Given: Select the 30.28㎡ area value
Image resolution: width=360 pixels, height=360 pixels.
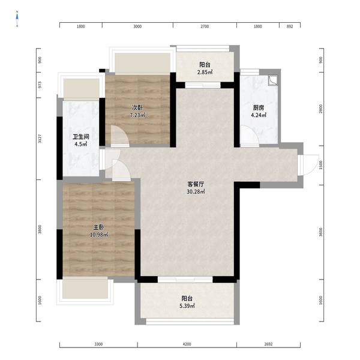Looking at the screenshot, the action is coord(196,192).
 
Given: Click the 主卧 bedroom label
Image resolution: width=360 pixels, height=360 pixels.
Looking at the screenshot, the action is coord(99,227).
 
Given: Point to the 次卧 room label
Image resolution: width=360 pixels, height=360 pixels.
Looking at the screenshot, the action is coord(137,107).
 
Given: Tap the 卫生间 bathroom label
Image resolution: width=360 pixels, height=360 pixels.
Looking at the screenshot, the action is coord(81,137).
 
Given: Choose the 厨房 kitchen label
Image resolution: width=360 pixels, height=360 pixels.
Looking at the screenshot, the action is coord(259,107).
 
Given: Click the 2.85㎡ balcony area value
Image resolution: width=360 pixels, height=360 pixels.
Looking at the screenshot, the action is coord(205,73).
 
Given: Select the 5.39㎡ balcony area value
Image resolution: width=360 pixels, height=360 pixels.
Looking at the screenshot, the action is coord(187,306).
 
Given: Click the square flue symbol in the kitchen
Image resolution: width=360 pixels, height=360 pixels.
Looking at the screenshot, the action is coord(273,80).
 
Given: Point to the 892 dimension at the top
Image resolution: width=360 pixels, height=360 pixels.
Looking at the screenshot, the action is coord(290,26).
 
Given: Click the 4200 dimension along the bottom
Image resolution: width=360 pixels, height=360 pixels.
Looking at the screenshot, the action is coord(187,344).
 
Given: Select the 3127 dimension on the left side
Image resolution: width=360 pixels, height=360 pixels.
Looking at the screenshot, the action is coord(40,139).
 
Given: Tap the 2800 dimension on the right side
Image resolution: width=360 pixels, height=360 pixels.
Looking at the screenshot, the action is coord(321,109).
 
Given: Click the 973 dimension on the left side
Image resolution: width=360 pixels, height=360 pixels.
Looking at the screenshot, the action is coord(40,85).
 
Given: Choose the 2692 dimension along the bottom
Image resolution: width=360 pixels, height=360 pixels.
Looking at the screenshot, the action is coord(268,344).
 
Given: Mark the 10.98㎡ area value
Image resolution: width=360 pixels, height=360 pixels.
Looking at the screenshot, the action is coord(99,235).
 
